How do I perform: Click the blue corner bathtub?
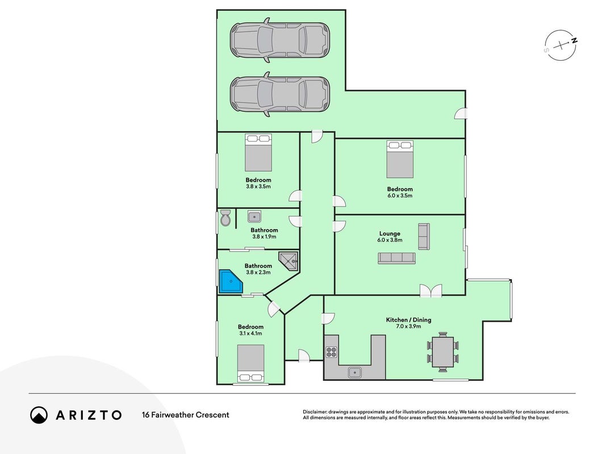click(x=231, y=281)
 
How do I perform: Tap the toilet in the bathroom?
click(x=225, y=218)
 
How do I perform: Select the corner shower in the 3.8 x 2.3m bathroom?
click(x=289, y=262)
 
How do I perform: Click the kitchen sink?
click(x=354, y=372)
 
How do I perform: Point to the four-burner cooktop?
click(x=331, y=352)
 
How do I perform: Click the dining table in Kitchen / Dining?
click(x=442, y=352)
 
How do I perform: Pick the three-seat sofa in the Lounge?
click(x=396, y=258)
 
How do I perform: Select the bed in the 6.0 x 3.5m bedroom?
click(x=400, y=159)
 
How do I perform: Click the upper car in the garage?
click(x=280, y=40)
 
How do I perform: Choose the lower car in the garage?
click(x=280, y=94)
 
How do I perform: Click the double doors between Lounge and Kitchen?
click(x=431, y=291)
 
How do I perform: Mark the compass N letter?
click(x=575, y=40)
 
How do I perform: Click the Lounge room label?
click(x=390, y=234)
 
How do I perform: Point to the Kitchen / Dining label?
click(x=408, y=320)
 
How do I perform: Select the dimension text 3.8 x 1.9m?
click(x=264, y=237)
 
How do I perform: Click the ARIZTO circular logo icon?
click(x=39, y=415)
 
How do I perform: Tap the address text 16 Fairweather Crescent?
click(x=186, y=415)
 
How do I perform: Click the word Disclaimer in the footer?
click(x=315, y=412)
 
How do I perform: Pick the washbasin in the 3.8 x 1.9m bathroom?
click(x=254, y=217)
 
